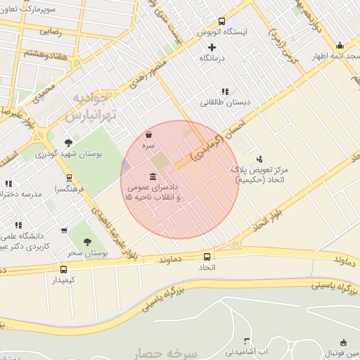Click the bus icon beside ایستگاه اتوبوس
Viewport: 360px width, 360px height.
[x=222, y=21]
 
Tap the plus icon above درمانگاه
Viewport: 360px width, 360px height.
[x=212, y=46]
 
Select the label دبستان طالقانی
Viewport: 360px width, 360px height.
[x=224, y=103]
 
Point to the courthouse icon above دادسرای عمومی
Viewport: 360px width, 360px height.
[x=153, y=176]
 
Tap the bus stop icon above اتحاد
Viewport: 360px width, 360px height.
[x=207, y=257]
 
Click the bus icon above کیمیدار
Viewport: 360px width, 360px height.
[x=64, y=269]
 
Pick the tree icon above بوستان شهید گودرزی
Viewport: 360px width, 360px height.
[x=68, y=142]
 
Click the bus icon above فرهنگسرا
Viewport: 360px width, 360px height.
[x=68, y=178]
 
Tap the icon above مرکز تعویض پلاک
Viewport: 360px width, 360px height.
[x=259, y=159]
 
